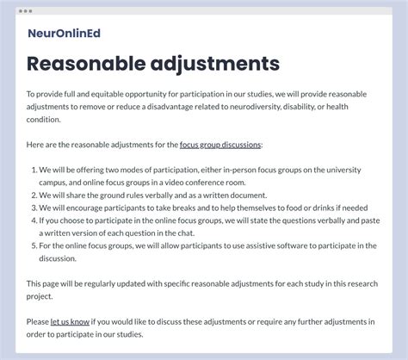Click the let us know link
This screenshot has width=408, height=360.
pyautogui.click(x=70, y=322)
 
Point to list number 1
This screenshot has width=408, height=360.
pyautogui.click(x=34, y=171)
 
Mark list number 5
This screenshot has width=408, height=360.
pyautogui.click(x=34, y=245)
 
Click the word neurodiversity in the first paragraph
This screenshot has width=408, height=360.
pyautogui.click(x=258, y=106)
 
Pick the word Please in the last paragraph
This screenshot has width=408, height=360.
pyautogui.click(x=38, y=322)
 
